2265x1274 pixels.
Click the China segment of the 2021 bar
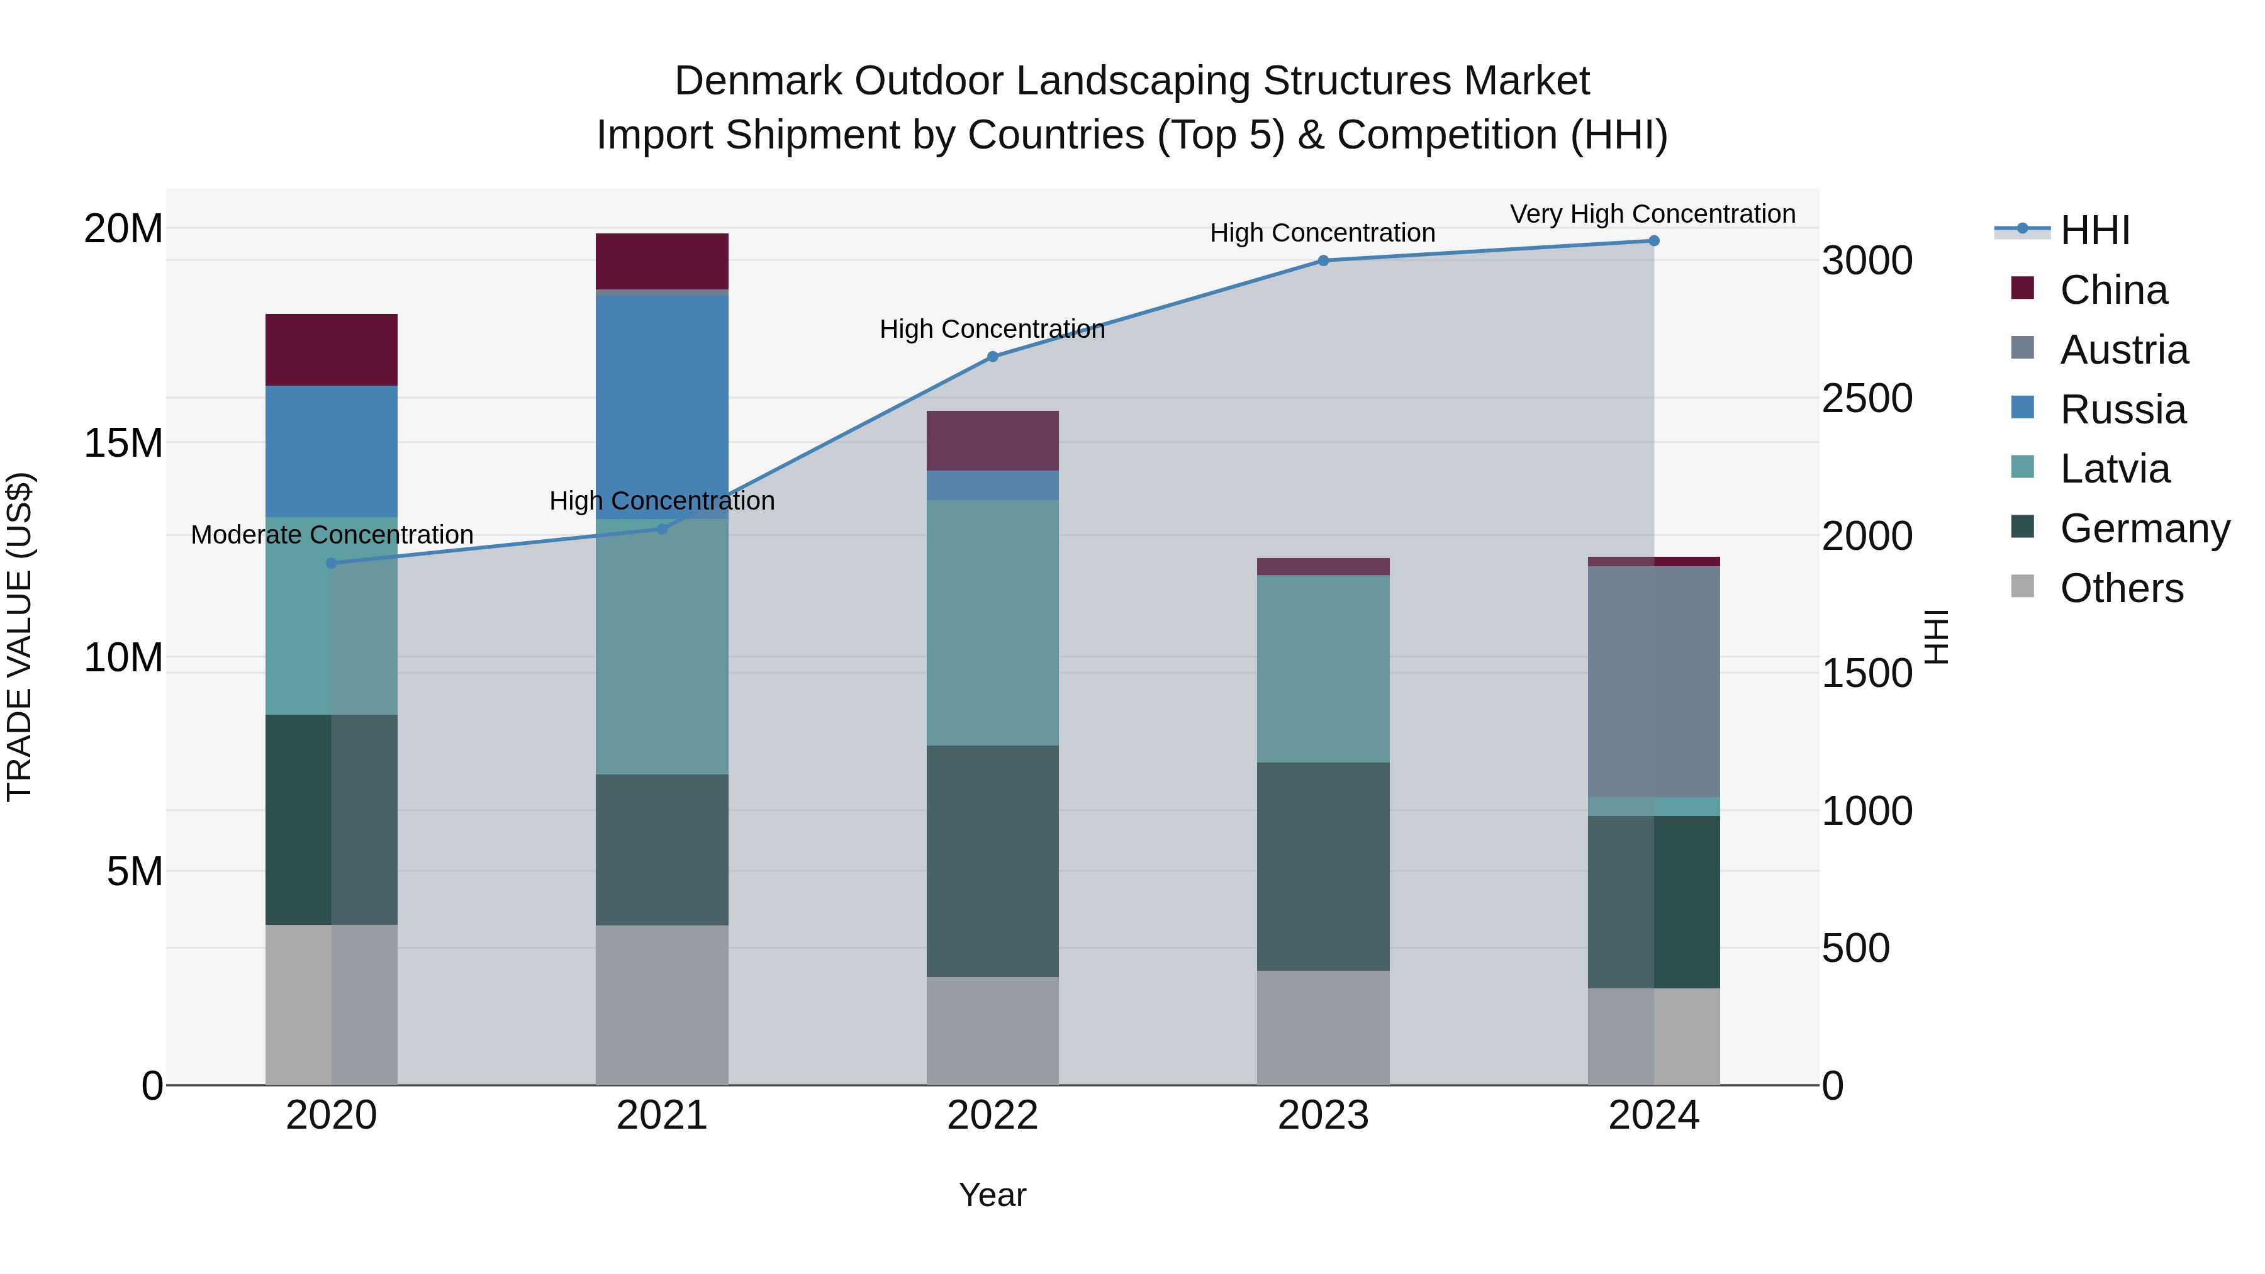coord(661,261)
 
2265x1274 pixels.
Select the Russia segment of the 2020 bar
coord(332,450)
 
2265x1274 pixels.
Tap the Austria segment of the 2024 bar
coord(1653,681)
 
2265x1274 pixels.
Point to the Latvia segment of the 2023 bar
coord(1323,668)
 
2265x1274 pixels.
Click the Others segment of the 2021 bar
coord(661,1004)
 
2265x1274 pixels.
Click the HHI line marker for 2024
coord(1653,241)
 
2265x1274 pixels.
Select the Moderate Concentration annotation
coord(332,535)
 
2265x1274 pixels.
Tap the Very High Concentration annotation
coord(1652,214)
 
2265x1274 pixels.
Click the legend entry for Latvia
coord(2114,469)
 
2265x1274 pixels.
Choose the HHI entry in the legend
coord(2094,230)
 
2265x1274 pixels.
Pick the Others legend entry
coord(2121,588)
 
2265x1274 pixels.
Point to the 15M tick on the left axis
coord(123,442)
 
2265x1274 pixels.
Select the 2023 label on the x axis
coord(1323,1115)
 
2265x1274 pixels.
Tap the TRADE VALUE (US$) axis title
coord(20,637)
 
